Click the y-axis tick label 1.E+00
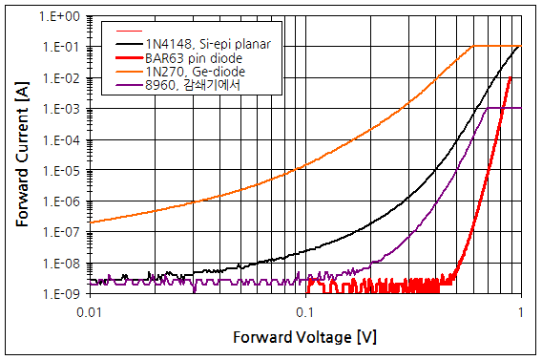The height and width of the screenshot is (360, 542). pyautogui.click(x=61, y=17)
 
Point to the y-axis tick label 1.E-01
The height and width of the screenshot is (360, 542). pyautogui.click(x=61, y=48)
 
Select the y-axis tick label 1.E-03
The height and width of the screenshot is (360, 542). pyautogui.click(x=61, y=109)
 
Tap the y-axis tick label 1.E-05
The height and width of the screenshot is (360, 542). pyautogui.click(x=61, y=171)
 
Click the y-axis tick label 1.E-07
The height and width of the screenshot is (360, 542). pyautogui.click(x=61, y=232)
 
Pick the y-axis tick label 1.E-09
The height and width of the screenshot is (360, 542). pyautogui.click(x=61, y=293)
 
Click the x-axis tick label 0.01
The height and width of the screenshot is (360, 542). pyautogui.click(x=89, y=311)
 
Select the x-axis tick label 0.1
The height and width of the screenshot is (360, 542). pyautogui.click(x=305, y=311)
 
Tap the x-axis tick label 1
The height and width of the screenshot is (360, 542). pyautogui.click(x=521, y=311)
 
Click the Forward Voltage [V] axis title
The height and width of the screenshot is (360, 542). pyautogui.click(x=304, y=337)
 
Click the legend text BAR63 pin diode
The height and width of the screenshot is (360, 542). pyautogui.click(x=193, y=58)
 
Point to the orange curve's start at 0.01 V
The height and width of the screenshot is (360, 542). pyautogui.click(x=89, y=222)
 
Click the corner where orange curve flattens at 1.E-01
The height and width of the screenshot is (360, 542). pyautogui.click(x=474, y=47)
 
